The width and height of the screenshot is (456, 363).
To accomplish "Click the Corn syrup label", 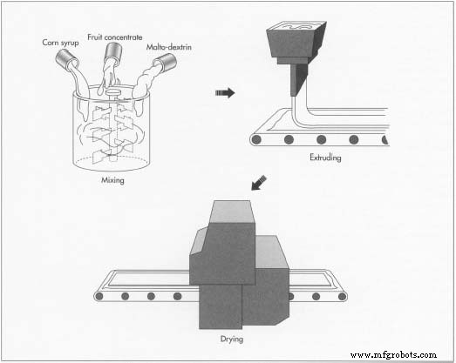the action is point(60,43).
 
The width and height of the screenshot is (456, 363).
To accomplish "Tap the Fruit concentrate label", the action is point(115,37).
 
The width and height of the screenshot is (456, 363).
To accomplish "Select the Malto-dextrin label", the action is point(168,47).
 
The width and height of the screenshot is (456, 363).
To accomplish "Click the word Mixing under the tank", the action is point(112,180).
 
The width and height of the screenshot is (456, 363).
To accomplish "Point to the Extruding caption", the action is point(325,158).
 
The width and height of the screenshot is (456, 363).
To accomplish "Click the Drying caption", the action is point(232,339).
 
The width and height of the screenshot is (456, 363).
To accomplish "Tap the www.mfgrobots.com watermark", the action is point(393,354).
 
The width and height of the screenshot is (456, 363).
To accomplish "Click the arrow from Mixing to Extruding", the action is point(225,93).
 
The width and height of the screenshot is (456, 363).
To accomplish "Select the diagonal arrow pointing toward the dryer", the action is point(259,183).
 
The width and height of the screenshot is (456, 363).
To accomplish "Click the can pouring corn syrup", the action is point(66,59).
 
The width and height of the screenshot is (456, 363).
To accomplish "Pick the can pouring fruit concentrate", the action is point(113,51).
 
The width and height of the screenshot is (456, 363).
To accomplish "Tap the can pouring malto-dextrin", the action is point(165,62).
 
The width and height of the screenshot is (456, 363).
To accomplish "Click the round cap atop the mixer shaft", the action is point(112,92).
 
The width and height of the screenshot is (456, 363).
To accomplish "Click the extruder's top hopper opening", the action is point(297,26).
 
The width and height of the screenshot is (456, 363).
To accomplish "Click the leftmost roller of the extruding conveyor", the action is point(256,139).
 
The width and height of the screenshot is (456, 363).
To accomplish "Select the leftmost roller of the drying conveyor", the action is point(99,296).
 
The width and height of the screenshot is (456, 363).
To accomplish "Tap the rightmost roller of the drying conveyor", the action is point(342,297).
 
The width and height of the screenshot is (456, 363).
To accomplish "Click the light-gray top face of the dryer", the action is point(231,212).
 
